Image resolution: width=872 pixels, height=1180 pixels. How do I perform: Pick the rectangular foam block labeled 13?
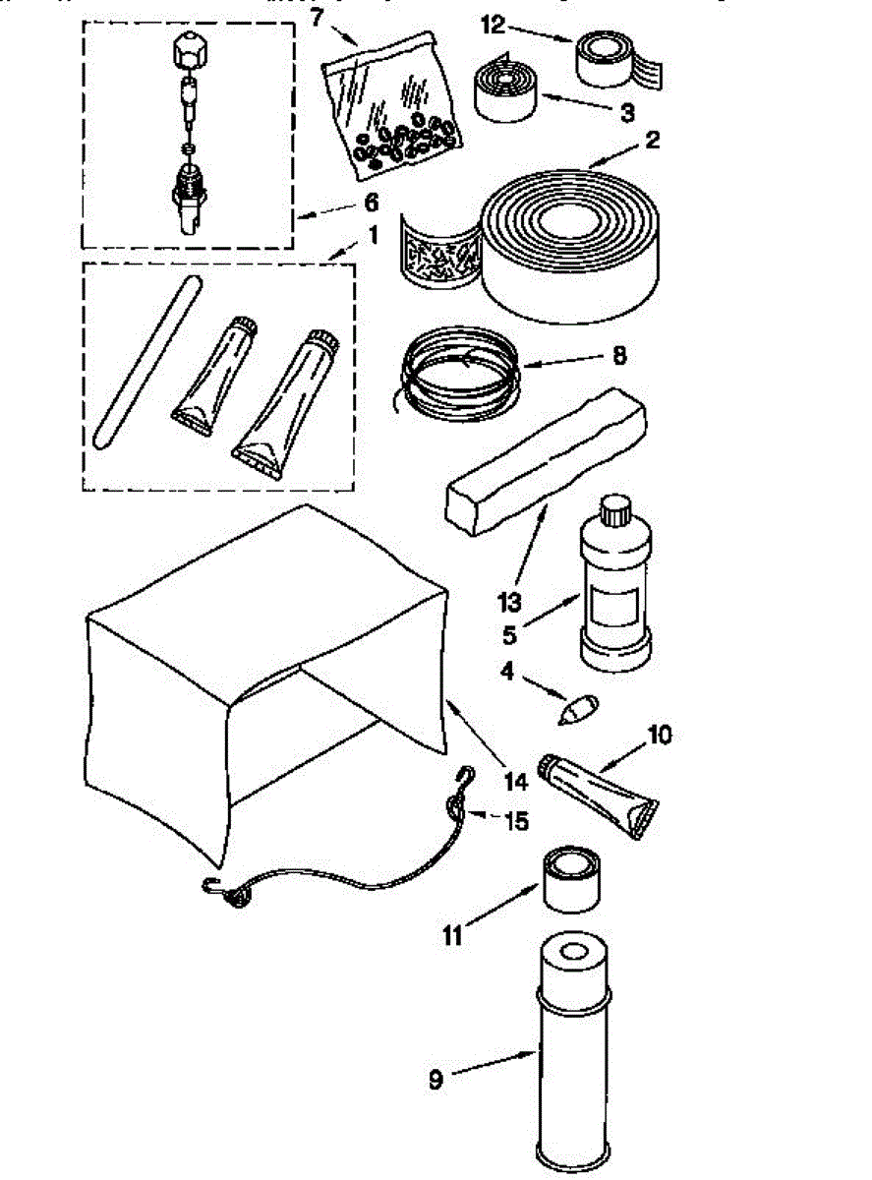pos(547,462)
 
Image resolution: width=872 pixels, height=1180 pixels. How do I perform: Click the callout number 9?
pos(436,1080)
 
